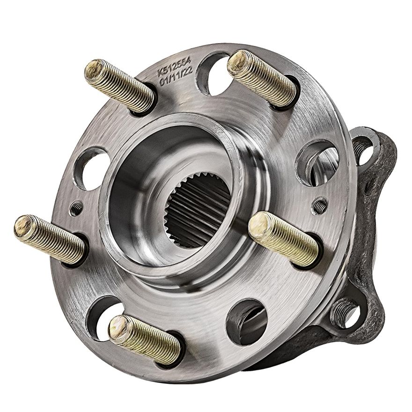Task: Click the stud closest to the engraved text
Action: [x=119, y=85]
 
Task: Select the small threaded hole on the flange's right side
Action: [x=320, y=206]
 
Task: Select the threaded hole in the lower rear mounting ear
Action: [x=344, y=312]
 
